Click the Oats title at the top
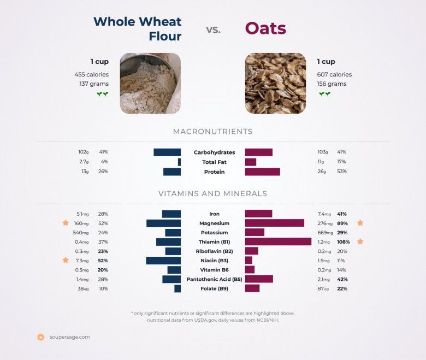[265, 28]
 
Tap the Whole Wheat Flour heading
[138, 28]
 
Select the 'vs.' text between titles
[213, 29]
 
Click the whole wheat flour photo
[150, 83]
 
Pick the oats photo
[275, 83]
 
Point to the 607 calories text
[334, 74]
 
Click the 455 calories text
[91, 74]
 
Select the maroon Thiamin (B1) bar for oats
[278, 241]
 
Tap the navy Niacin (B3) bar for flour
[163, 261]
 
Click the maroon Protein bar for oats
[262, 172]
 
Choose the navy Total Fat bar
[179, 162]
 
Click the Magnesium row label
[214, 223]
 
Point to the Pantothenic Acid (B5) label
[214, 279]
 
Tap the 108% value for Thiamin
[343, 241]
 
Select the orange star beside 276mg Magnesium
[360, 223]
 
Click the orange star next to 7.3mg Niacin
[66, 261]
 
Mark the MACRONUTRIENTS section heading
[212, 132]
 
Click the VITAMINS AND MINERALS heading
[212, 193]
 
